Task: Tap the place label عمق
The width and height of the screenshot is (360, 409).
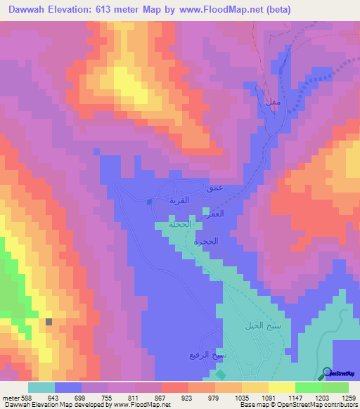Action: pos(214,188)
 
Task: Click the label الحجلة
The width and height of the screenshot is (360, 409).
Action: pos(179,225)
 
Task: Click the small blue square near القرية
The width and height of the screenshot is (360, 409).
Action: pos(149,202)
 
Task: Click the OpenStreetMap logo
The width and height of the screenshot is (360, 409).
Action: pos(340,373)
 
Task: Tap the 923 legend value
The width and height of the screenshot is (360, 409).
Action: pos(188,398)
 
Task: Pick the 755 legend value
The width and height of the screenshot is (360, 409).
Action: pos(108,398)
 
